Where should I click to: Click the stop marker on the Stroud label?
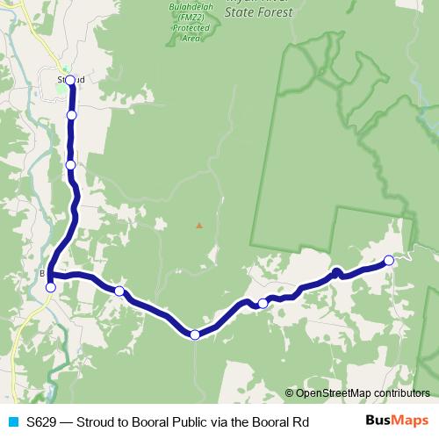[70, 80]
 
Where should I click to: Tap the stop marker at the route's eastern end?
[389, 260]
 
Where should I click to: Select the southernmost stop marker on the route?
[195, 335]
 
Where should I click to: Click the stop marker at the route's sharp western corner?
[51, 287]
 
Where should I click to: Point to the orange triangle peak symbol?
[199, 226]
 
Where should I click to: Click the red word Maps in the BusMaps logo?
[410, 421]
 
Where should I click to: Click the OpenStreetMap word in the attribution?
[333, 393]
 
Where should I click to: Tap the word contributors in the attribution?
[401, 393]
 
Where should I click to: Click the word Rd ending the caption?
[301, 422]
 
